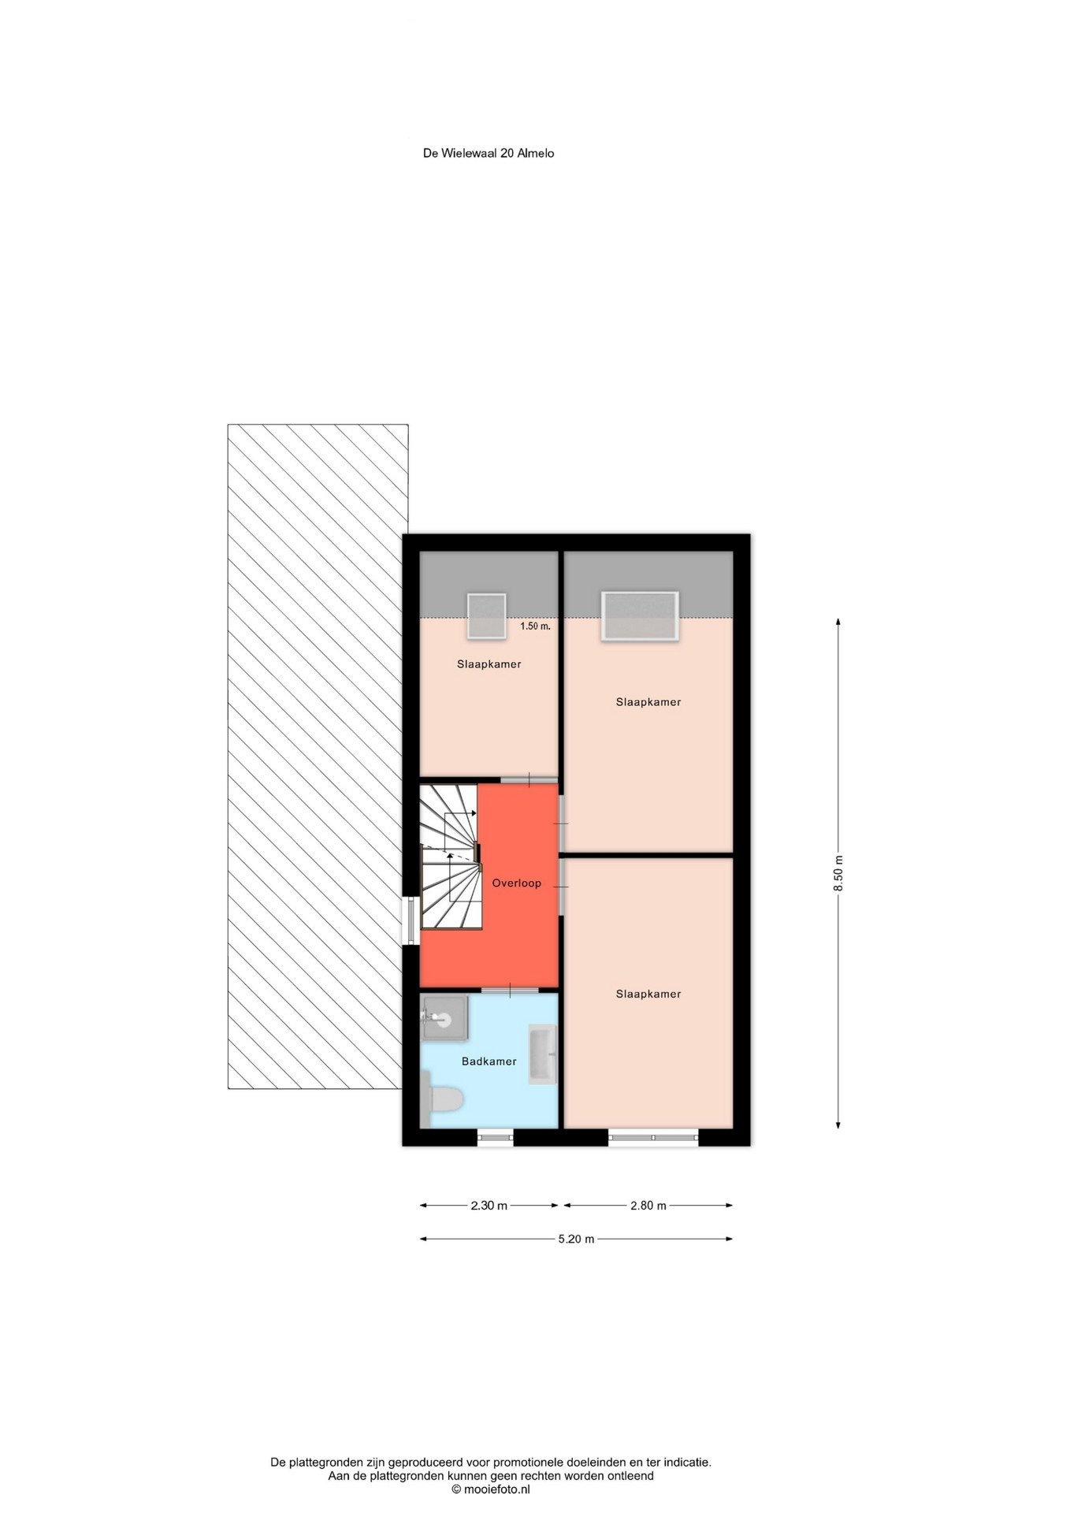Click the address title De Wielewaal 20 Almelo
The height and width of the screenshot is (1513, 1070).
click(489, 154)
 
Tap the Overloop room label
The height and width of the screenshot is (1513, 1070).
click(517, 883)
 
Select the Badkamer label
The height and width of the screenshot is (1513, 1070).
click(489, 1061)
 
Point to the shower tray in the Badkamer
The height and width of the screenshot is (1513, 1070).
click(444, 1017)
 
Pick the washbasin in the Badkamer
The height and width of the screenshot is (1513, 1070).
click(542, 1054)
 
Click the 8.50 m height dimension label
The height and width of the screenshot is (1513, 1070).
click(838, 873)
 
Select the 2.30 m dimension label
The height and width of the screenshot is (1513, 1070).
click(489, 1205)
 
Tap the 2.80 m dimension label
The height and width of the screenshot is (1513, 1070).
click(648, 1205)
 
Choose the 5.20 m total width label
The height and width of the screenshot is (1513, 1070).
click(577, 1239)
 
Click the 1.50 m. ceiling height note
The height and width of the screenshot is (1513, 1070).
click(535, 626)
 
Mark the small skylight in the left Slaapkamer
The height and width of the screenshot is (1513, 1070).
click(486, 616)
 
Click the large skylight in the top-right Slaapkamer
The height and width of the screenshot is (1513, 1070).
click(640, 616)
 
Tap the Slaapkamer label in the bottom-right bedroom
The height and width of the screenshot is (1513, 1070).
click(648, 994)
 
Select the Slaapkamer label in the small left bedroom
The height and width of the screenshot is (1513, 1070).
click(489, 664)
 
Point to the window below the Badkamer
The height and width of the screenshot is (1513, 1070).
click(496, 1137)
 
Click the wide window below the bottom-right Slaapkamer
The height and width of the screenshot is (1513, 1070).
click(653, 1137)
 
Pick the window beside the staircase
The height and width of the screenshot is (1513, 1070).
click(411, 920)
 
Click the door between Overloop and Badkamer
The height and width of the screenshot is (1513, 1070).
click(510, 990)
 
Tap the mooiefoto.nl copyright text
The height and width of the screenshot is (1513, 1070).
click(491, 1489)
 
